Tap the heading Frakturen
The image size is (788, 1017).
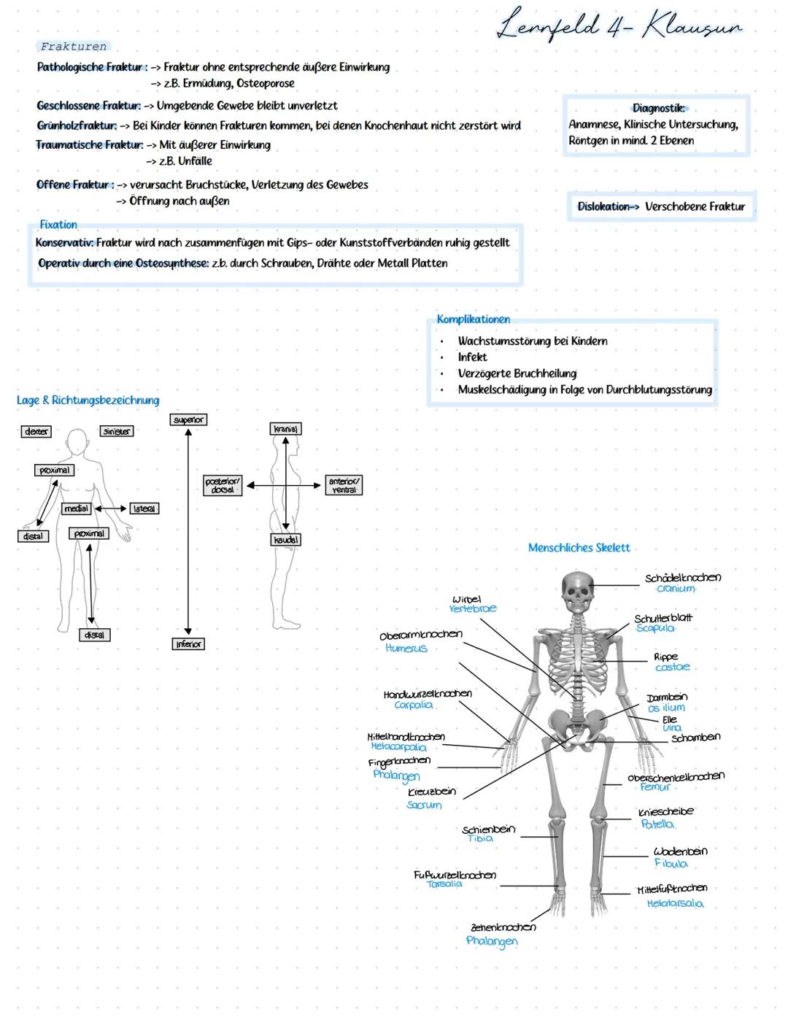[74, 47]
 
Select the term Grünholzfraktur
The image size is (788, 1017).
[77, 125]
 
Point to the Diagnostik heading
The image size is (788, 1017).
[659, 108]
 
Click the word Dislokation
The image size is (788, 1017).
[603, 206]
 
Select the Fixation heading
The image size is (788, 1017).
[58, 225]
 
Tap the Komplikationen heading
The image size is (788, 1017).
[474, 319]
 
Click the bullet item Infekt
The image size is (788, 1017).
[472, 357]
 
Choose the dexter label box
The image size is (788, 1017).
[36, 431]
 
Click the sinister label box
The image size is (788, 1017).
[117, 431]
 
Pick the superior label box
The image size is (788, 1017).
[188, 419]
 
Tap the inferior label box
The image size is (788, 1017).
[188, 644]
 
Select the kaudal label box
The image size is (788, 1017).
[285, 540]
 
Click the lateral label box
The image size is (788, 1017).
[144, 509]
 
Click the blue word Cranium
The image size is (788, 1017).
[676, 589]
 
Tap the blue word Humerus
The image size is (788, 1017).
[406, 648]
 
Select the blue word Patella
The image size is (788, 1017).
[657, 824]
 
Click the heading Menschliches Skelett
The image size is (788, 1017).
[579, 547]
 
